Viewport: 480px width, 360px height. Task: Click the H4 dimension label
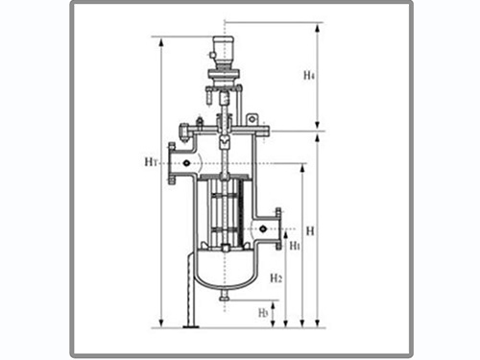tap(309, 76)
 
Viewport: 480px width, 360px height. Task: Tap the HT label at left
tap(151, 162)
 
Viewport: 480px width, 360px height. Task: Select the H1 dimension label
tap(295, 246)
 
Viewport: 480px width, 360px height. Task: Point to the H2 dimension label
tap(276, 277)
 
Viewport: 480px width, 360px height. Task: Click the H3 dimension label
tap(263, 313)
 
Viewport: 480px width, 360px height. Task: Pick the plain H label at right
tap(310, 230)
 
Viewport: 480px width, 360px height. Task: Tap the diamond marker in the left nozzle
tap(187, 163)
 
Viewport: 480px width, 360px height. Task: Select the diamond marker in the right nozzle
tap(263, 228)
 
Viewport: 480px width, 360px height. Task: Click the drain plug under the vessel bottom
tap(225, 297)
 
